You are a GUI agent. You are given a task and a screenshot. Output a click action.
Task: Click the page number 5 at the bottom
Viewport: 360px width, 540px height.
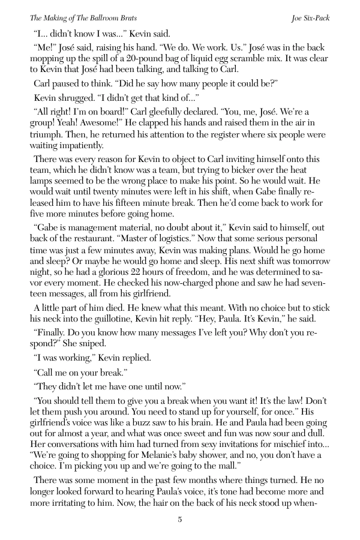click(x=179, y=520)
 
